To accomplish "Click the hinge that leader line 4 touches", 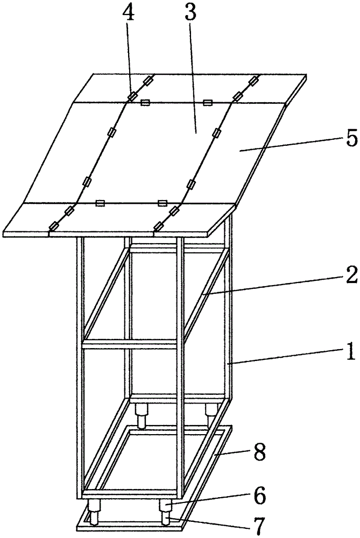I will click(132, 97).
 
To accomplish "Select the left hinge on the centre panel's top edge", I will click(145, 102).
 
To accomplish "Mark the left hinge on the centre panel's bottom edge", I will click(100, 203).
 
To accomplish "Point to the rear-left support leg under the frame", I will click(142, 415).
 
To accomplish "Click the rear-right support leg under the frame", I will click(210, 412).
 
